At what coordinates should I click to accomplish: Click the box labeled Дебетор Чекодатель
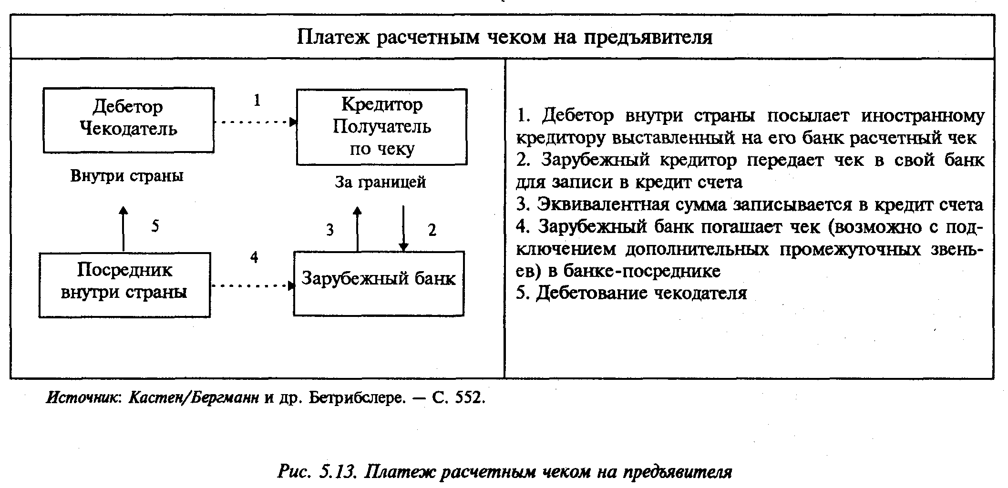pos(128,120)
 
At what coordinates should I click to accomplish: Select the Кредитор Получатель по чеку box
pos(381,127)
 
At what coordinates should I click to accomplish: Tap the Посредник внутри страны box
pos(124,285)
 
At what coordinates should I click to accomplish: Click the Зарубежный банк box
pos(379,283)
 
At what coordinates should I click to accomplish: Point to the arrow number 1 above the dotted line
pos(257,100)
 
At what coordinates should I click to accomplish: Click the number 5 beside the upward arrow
pos(155,226)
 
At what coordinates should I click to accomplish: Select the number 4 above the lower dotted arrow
pos(254,257)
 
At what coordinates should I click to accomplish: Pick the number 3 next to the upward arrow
pos(330,230)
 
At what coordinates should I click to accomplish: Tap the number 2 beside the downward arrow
pos(432,230)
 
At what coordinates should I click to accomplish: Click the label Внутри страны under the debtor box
pos(127,176)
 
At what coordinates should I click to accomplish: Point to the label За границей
pos(380,182)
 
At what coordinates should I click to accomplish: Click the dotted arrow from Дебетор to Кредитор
pos(255,122)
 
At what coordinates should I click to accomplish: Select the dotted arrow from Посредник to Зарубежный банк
pos(252,286)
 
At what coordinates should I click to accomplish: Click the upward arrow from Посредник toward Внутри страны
pos(123,229)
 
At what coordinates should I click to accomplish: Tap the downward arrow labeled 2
pos(403,229)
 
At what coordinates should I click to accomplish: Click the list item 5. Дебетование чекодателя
pos(631,293)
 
